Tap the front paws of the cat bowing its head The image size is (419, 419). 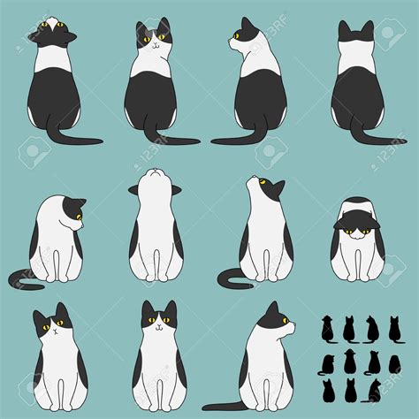click(x=356, y=277)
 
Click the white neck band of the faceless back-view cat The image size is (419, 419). click(x=356, y=57)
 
